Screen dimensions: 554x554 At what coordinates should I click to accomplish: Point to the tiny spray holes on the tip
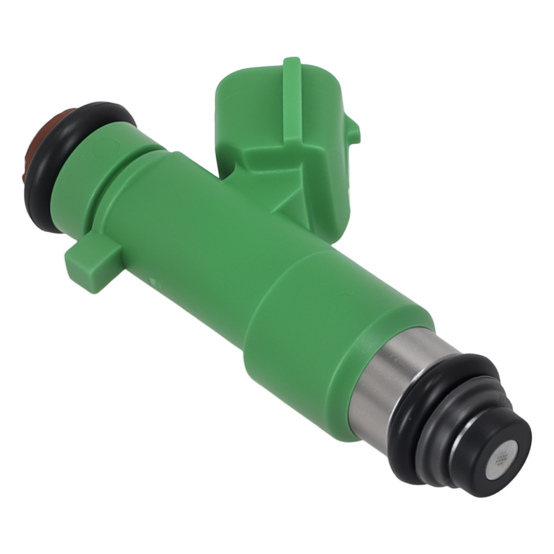[502, 456]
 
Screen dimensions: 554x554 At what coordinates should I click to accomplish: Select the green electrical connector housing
[260, 111]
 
